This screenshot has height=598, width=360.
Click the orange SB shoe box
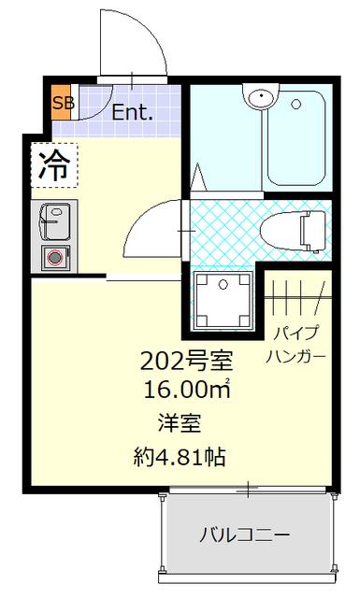coord(63,104)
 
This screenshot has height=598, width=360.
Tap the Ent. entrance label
coord(132,113)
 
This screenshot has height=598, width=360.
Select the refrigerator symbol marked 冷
coord(55,165)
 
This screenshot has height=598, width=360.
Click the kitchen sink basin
coord(53,221)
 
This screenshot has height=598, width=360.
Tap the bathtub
coord(295,140)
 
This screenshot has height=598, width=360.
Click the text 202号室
coord(186,360)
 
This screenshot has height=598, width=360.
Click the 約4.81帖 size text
coord(180,458)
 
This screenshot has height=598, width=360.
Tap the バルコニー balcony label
coord(244,535)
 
